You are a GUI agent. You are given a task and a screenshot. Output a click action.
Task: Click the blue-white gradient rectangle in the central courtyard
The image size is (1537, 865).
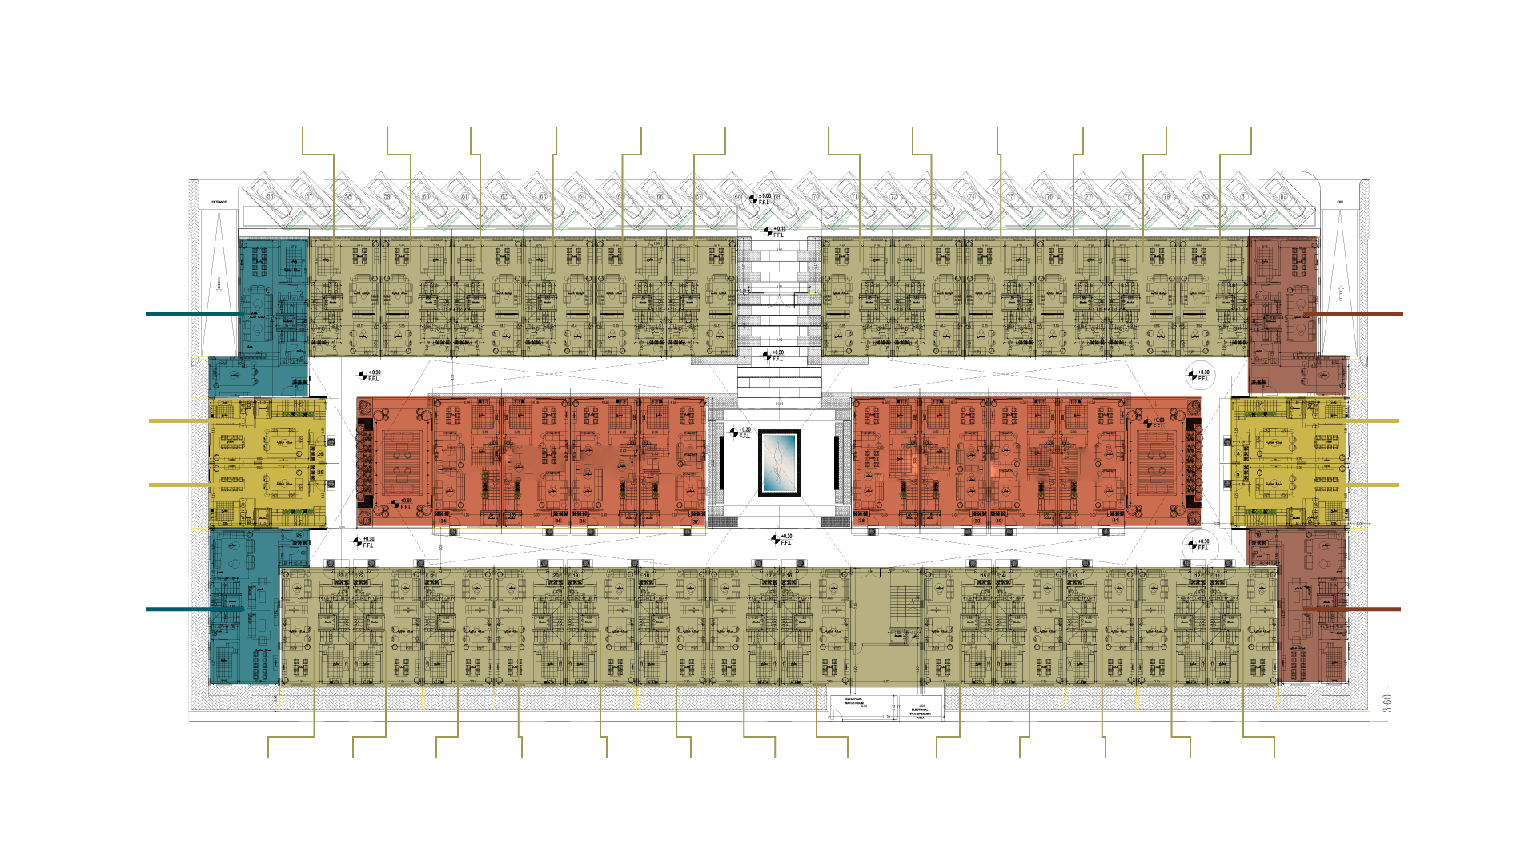pos(779,462)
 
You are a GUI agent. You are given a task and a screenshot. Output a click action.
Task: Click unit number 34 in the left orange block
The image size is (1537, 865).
pos(443,521)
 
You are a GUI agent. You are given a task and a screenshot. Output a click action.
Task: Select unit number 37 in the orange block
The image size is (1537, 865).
pos(696,521)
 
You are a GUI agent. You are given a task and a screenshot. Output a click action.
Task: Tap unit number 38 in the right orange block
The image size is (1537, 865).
pos(862,521)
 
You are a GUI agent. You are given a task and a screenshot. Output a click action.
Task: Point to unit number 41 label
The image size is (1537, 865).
pos(1116,521)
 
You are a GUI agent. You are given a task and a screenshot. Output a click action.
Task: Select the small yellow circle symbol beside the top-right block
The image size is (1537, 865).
pos(814,294)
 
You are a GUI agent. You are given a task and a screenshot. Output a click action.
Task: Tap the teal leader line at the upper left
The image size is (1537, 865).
pos(192,314)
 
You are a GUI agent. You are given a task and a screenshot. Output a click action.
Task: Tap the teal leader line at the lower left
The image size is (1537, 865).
pos(178,610)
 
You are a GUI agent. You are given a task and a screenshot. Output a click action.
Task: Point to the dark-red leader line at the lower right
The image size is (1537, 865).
pos(1373,610)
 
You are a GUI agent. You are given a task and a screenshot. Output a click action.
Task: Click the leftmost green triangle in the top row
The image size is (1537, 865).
pos(303,220)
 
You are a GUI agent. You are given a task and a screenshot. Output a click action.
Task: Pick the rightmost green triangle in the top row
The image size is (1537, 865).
pos(1278,220)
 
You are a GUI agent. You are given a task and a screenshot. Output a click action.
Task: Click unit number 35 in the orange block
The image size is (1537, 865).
pos(558,521)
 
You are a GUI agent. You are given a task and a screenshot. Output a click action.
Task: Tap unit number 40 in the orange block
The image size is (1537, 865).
pos(998,521)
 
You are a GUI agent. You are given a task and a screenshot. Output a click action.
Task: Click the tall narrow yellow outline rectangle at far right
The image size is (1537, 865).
pos(1359,474)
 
